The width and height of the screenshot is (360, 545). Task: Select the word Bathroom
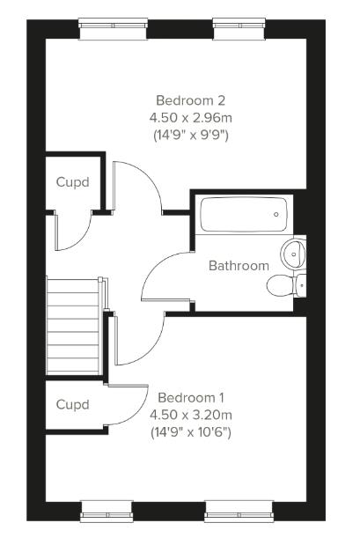239,265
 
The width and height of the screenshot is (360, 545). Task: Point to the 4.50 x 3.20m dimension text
190,415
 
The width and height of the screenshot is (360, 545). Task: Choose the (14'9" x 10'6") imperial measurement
190,432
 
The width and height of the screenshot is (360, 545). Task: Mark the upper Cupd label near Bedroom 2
73,182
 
